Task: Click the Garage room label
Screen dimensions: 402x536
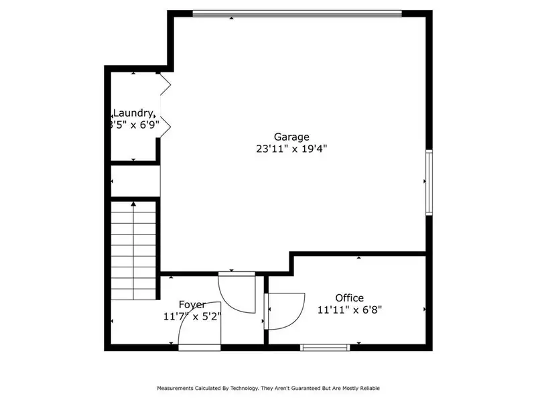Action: point(291,137)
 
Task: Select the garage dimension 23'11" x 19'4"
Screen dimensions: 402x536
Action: point(291,149)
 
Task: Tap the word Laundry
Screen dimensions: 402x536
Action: point(135,113)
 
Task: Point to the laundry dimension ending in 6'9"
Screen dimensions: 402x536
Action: point(134,125)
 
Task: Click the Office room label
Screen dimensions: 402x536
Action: point(349,297)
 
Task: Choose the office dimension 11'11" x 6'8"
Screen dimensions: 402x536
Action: point(349,310)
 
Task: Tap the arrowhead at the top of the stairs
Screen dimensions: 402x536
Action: point(133,203)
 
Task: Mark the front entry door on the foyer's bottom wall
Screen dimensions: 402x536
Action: point(200,347)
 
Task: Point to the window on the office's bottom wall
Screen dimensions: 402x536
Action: point(325,347)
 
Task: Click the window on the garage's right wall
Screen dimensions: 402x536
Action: point(429,182)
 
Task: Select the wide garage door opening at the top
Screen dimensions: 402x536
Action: point(297,13)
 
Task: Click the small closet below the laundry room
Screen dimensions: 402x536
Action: point(135,181)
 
